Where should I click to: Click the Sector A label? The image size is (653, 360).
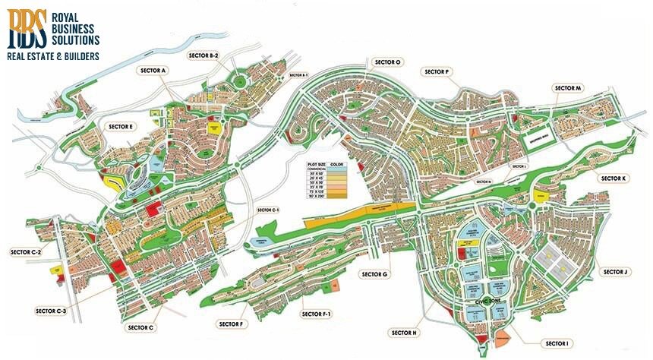(x=153, y=70)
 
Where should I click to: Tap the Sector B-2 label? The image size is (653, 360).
(x=203, y=55)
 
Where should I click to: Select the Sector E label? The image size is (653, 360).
(x=121, y=127)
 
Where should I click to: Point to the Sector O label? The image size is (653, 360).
(x=387, y=62)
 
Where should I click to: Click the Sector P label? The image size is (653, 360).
(x=437, y=71)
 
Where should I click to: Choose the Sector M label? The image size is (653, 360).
(x=568, y=88)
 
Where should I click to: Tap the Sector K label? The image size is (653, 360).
(x=614, y=178)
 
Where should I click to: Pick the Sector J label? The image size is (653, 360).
(x=614, y=272)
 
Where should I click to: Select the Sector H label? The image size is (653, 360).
(x=404, y=333)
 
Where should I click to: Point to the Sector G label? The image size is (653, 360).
(x=375, y=273)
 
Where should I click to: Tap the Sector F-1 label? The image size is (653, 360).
(x=315, y=314)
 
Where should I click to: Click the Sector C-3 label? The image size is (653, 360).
(x=51, y=311)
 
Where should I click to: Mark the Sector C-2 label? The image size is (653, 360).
(x=25, y=251)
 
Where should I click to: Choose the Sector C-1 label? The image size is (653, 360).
(x=269, y=210)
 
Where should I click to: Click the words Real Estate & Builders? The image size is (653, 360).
(x=52, y=55)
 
